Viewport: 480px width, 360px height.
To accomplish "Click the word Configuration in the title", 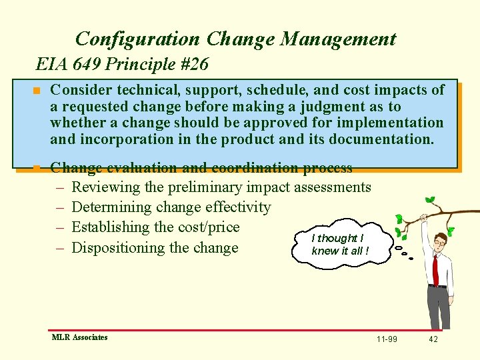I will (x=137, y=39).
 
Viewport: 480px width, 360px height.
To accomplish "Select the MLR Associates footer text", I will (x=79, y=337).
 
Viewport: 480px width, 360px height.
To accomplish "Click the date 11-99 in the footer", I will (x=387, y=339).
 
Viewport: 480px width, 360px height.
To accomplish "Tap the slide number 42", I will (x=433, y=339).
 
